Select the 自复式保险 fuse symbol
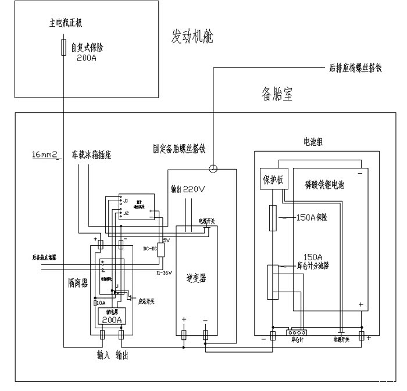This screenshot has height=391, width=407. coord(63,47)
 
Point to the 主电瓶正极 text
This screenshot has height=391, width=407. coord(66,24)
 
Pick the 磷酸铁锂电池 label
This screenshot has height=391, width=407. coord(324,185)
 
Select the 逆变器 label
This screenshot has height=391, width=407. coord(198,278)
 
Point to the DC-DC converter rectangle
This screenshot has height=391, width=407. coord(161,250)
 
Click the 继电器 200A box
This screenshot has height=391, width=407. coord(112,317)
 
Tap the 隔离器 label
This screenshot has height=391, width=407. coord(77,282)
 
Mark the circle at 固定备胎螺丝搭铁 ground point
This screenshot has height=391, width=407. coord(213,170)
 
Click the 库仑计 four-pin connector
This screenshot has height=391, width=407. coord(297,333)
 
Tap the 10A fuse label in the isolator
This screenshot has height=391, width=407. coord(100,303)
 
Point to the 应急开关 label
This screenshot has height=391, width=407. coord(146,300)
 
